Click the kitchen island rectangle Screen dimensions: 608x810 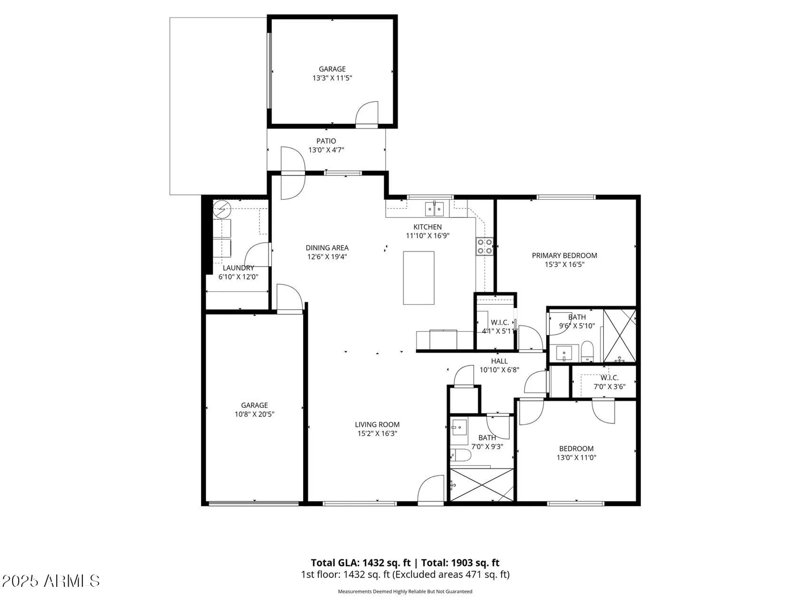[419, 278]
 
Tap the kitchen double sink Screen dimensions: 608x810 [434, 209]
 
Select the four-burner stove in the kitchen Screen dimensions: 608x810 [484, 246]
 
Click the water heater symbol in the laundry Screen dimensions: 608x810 [222, 210]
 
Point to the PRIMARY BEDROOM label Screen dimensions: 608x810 [564, 255]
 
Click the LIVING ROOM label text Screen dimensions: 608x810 [377, 424]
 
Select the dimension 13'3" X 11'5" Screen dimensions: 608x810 [332, 78]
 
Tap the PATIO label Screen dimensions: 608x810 [326, 141]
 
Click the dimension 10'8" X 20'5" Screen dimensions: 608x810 [254, 414]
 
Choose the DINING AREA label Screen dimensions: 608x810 [327, 248]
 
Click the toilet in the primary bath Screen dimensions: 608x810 [587, 351]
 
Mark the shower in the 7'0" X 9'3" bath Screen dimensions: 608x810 [482, 485]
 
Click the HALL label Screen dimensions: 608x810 [499, 361]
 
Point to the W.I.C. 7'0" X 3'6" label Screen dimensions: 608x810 [609, 382]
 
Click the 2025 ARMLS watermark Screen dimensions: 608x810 [51, 581]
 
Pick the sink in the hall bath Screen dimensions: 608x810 [459, 427]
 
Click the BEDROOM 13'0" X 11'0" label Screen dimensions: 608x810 [576, 453]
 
